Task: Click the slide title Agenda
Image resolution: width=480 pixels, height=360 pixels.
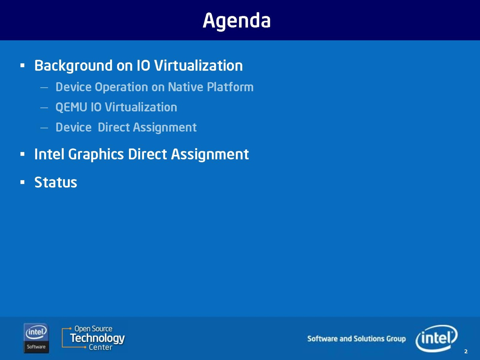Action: tap(237, 21)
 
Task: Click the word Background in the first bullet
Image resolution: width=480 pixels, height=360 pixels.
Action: tap(73, 66)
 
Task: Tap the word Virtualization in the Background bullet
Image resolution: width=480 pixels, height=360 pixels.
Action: tap(198, 65)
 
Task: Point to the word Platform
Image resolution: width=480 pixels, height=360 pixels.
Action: tap(230, 87)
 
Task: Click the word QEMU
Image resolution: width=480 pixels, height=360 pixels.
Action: tap(71, 107)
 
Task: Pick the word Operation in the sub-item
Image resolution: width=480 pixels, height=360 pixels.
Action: tap(121, 87)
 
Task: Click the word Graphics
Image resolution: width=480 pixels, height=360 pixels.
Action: tap(96, 154)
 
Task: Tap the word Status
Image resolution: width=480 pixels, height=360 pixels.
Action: tap(56, 182)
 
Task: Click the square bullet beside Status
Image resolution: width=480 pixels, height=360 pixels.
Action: tap(22, 182)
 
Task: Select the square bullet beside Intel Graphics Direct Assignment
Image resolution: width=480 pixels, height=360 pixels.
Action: tap(22, 154)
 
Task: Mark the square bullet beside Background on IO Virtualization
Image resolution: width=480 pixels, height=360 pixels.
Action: tap(22, 65)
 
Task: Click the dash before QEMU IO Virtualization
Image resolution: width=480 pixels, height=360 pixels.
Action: tap(44, 108)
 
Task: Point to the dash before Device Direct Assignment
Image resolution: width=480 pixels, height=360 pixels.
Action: tap(44, 128)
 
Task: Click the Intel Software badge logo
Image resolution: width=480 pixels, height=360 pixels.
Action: tap(36, 338)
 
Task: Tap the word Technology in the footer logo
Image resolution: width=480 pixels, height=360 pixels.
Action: tap(97, 338)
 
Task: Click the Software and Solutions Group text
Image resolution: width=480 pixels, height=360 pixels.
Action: tap(356, 339)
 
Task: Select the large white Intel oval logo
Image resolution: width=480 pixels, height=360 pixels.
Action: tap(436, 338)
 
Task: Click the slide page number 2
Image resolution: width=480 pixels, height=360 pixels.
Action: tap(466, 352)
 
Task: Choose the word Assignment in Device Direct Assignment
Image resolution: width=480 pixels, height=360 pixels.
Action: tap(165, 127)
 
